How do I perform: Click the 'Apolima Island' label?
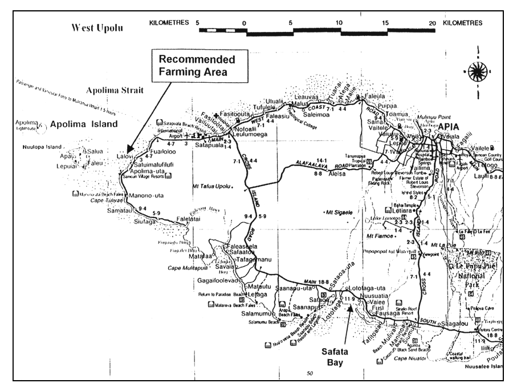pos(83,123)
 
